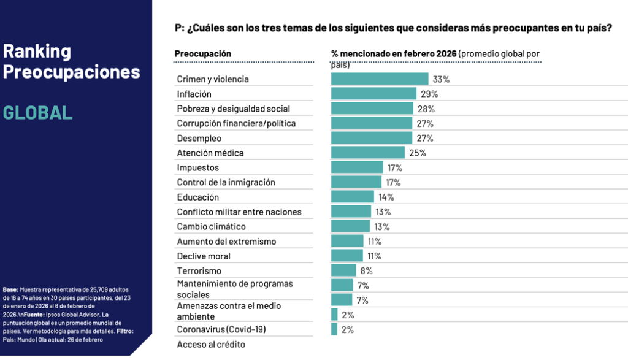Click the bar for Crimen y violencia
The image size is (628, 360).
379,79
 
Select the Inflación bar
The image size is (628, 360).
373,94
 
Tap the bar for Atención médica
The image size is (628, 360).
367,153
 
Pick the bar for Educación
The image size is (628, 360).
352,197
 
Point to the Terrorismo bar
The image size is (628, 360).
343,270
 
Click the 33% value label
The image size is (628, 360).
442,79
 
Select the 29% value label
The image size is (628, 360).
429,94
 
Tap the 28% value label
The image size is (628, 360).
427,109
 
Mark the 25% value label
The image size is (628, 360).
418,153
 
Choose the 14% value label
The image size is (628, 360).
386,197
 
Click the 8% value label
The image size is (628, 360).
366,270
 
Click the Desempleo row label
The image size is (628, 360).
199,138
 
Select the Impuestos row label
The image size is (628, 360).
197,167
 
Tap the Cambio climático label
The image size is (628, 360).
211,226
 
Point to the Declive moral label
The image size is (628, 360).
204,256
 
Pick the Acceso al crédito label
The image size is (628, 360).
211,344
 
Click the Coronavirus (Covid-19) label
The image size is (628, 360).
221,329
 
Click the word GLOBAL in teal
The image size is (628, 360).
37,112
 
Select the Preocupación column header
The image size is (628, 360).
203,53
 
